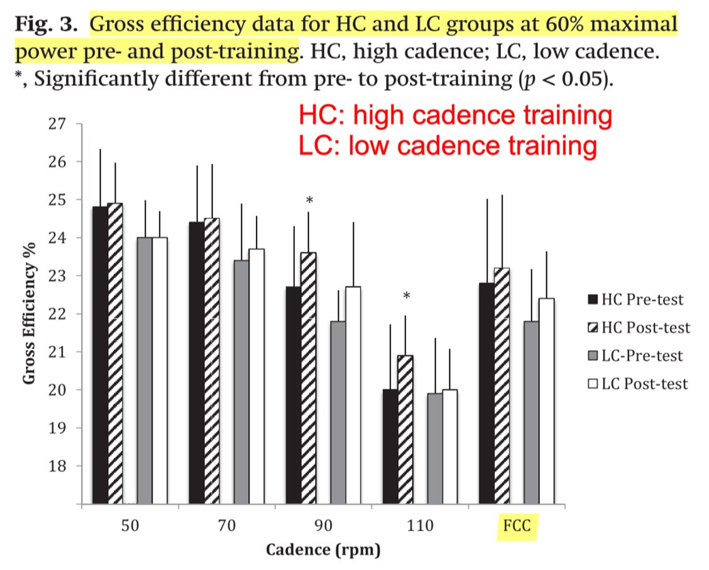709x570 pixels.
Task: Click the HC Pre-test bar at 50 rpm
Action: pyautogui.click(x=100, y=355)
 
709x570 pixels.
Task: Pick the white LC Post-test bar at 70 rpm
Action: pyautogui.click(x=256, y=376)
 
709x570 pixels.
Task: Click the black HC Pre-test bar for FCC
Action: pyautogui.click(x=486, y=393)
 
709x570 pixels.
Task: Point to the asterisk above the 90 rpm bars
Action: pyautogui.click(x=309, y=201)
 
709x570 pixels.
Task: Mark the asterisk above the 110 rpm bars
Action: pyautogui.click(x=406, y=296)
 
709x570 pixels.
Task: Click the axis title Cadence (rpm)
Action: pyautogui.click(x=323, y=550)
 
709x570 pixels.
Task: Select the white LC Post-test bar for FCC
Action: pyautogui.click(x=546, y=401)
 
